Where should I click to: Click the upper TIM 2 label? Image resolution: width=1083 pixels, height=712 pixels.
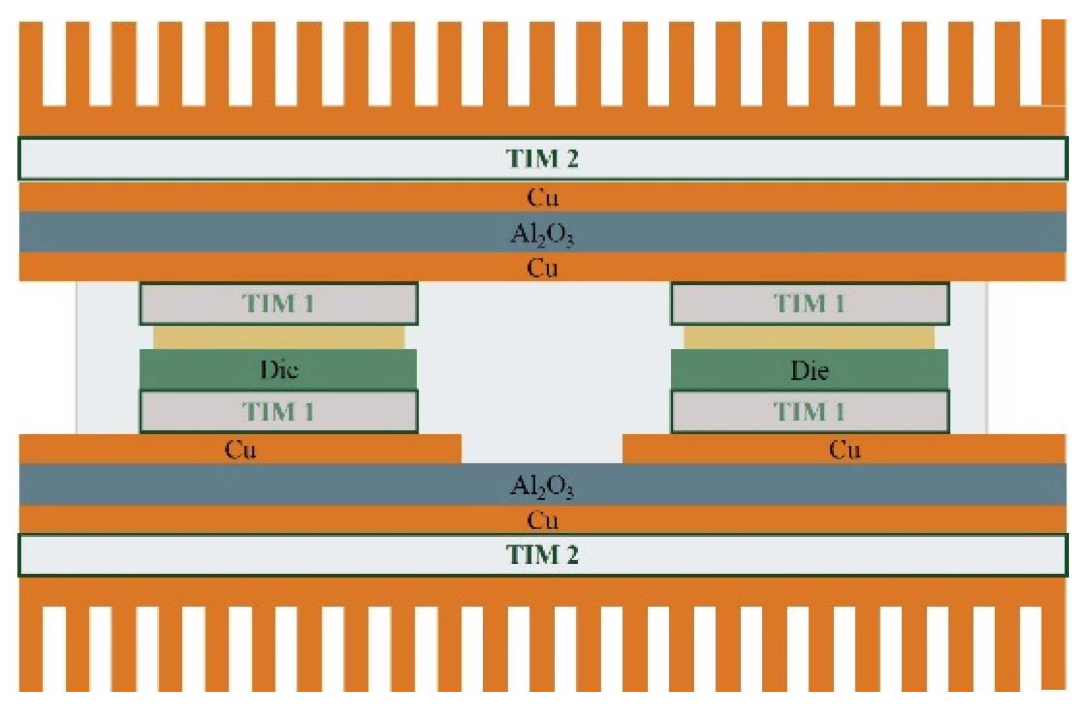[542, 158]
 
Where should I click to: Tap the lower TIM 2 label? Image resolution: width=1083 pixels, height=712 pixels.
[542, 555]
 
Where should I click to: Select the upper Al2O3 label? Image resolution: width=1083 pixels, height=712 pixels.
[542, 234]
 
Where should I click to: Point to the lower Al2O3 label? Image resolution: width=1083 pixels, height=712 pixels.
[542, 485]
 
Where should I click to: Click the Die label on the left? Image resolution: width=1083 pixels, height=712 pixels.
[279, 370]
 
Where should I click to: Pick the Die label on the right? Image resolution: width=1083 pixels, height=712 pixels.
[809, 370]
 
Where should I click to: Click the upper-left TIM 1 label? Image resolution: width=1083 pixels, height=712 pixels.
[278, 303]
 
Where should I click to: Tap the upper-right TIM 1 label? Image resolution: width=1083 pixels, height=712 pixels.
[809, 303]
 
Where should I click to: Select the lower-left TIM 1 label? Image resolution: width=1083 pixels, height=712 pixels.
[278, 412]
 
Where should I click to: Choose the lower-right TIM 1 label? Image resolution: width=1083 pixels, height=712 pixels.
[809, 412]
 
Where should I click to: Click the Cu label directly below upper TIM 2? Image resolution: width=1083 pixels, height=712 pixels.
[542, 197]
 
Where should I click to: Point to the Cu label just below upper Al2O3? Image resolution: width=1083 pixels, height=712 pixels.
[542, 267]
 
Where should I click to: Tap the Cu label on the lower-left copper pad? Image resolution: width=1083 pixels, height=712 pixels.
[240, 449]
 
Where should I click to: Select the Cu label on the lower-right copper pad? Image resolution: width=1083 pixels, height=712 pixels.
[844, 449]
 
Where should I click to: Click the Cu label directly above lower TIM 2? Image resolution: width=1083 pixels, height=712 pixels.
[542, 519]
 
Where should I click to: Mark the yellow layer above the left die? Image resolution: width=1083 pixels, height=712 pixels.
[279, 337]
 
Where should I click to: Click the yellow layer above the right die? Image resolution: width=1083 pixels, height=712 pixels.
[809, 337]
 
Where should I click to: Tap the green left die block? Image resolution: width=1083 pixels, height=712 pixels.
[194, 370]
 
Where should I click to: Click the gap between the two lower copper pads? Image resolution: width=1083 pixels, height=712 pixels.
[542, 449]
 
